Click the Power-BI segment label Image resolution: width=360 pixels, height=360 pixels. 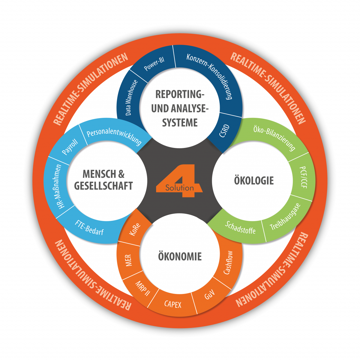(x=154, y=64)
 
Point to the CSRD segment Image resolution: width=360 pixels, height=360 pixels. (x=224, y=131)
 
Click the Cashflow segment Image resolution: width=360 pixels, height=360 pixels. (x=228, y=263)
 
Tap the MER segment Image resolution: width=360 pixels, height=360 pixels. (x=128, y=260)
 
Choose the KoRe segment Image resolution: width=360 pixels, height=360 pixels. (x=135, y=229)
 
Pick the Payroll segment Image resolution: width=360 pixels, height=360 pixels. (x=70, y=147)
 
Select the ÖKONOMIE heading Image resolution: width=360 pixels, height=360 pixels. (x=180, y=256)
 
